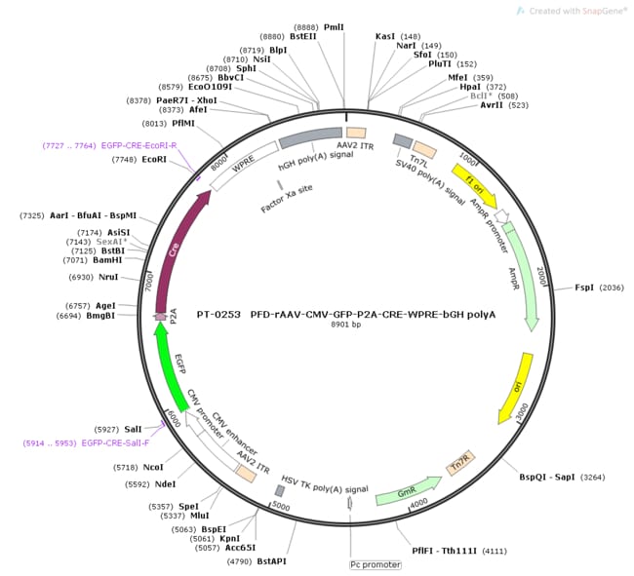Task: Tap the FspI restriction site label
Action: pyautogui.click(x=584, y=288)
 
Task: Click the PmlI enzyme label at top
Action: pyautogui.click(x=335, y=28)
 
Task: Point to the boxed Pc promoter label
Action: pyautogui.click(x=376, y=564)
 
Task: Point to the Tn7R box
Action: pyautogui.click(x=458, y=466)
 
